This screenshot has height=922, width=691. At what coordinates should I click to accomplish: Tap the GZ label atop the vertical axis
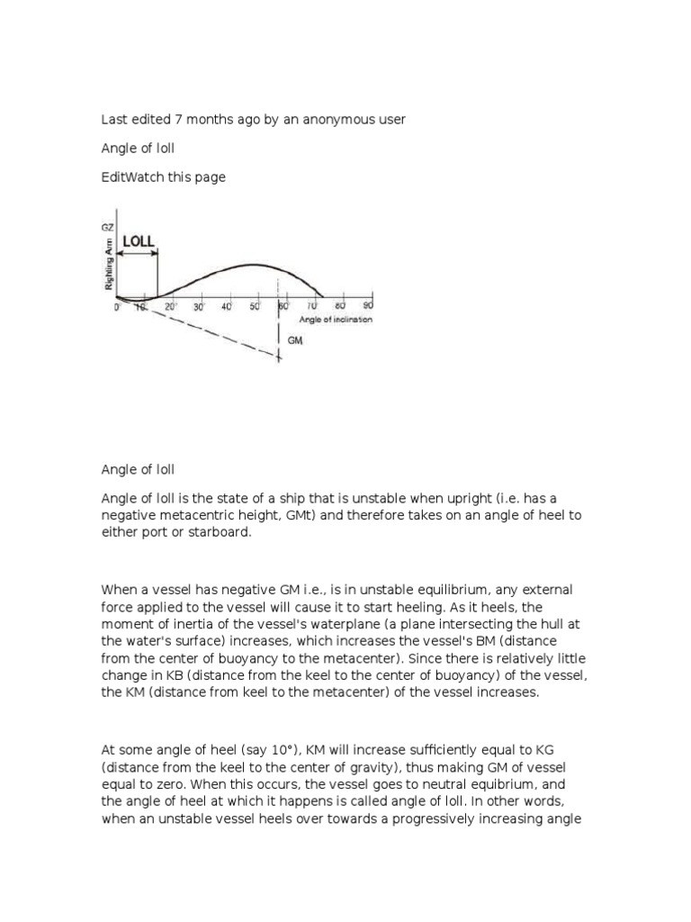(109, 230)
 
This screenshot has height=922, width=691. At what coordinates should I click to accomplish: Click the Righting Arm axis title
(109, 268)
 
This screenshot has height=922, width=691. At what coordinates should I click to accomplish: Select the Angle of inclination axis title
(336, 320)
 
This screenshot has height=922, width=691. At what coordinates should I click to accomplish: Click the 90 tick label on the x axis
(367, 307)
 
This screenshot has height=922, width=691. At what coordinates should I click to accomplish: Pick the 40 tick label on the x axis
(228, 307)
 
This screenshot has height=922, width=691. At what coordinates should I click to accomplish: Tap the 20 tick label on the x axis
(171, 307)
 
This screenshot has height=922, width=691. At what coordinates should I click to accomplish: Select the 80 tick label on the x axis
(339, 307)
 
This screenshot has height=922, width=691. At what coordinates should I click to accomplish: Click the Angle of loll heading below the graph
(138, 469)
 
